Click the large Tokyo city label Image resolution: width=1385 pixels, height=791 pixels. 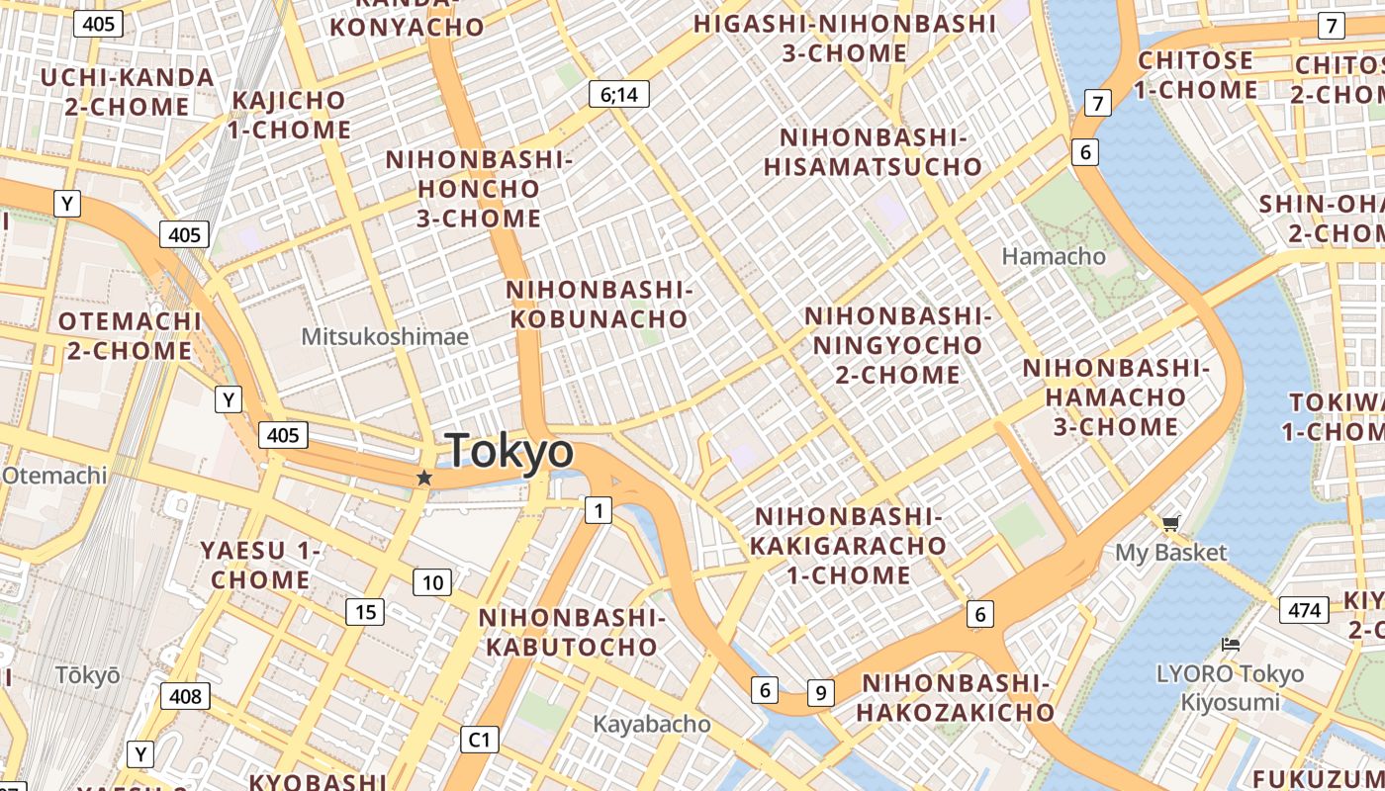(x=509, y=451)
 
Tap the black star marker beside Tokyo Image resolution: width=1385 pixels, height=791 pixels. (x=424, y=478)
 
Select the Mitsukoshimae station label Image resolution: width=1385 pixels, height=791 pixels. (x=385, y=336)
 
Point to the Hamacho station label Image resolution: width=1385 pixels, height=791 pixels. (x=1054, y=256)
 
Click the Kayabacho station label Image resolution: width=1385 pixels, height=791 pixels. (x=651, y=724)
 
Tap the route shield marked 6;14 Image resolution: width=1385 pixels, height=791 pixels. (x=619, y=94)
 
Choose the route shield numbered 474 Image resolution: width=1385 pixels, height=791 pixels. (x=1304, y=610)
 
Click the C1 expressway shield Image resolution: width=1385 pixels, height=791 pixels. (x=480, y=739)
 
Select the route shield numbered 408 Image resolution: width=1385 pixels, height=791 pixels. (x=185, y=696)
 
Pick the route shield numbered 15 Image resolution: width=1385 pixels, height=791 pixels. (x=365, y=612)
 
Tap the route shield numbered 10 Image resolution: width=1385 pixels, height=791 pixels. (x=432, y=582)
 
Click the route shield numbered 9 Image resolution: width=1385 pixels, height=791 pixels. (x=819, y=692)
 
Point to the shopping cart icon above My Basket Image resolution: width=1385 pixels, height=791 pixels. (x=1171, y=522)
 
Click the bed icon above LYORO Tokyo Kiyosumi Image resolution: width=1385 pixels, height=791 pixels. (x=1231, y=645)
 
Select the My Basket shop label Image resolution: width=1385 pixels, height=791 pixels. (x=1171, y=552)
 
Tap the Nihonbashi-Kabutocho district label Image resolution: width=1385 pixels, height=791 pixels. (x=572, y=633)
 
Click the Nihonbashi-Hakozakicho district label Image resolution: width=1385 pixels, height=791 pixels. (x=956, y=697)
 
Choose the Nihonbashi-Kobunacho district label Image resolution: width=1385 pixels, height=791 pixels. (x=598, y=305)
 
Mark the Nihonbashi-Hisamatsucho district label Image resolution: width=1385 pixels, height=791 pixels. (x=873, y=152)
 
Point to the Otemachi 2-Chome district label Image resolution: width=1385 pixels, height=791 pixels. (x=129, y=336)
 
